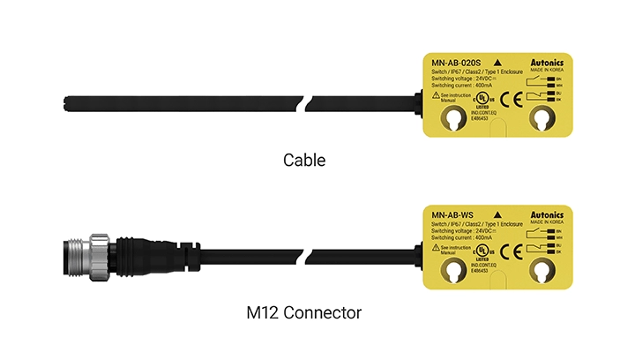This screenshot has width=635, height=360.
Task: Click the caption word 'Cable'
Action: (x=304, y=161)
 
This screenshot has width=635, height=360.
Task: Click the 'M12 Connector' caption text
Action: (x=304, y=313)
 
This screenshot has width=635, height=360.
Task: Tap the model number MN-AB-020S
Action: (x=456, y=63)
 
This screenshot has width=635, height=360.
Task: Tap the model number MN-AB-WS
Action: (x=452, y=214)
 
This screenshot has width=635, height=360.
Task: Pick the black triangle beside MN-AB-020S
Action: (x=500, y=62)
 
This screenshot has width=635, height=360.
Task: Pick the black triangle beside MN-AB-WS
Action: (x=500, y=214)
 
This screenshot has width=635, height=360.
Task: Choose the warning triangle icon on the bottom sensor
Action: (x=432, y=248)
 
